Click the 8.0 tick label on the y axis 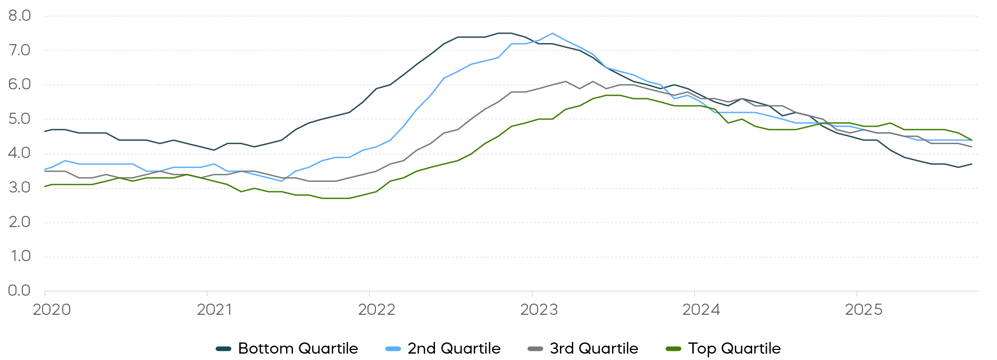tap(20, 16)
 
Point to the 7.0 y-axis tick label tap(20, 51)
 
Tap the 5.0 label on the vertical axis tap(20, 119)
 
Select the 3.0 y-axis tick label tap(20, 188)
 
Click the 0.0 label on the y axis tap(20, 290)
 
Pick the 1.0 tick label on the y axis tap(20, 256)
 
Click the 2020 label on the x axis tap(52, 309)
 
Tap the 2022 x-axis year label tap(376, 309)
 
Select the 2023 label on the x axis tap(539, 309)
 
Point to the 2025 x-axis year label tap(864, 309)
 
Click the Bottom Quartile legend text tap(298, 349)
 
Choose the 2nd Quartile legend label tap(454, 349)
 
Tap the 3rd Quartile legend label tap(593, 349)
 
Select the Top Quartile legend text tap(734, 349)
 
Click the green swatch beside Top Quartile tap(673, 349)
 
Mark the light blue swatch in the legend tap(393, 349)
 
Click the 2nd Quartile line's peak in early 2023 tap(552, 34)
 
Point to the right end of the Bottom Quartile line tap(972, 164)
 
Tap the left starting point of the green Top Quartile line tap(45, 186)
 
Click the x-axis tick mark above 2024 tap(694, 293)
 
